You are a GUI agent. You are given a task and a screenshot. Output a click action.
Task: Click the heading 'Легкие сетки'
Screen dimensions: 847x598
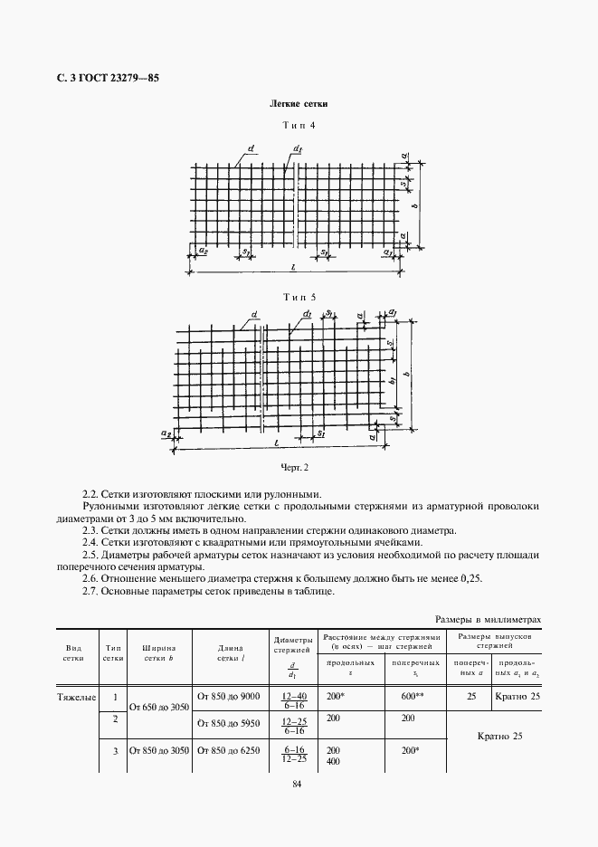(x=299, y=104)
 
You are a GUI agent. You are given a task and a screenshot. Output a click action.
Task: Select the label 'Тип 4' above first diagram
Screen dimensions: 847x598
(x=299, y=126)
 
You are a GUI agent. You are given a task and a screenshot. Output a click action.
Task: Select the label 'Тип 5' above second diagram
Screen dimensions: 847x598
(x=299, y=296)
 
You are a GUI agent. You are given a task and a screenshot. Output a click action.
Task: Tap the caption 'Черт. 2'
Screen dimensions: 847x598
(x=295, y=467)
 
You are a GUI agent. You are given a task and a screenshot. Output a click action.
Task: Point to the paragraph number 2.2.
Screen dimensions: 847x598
(x=90, y=494)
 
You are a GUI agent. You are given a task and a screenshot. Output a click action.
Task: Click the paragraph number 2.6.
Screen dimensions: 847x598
(x=90, y=577)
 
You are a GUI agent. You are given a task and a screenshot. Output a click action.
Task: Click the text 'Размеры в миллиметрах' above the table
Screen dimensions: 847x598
(x=488, y=620)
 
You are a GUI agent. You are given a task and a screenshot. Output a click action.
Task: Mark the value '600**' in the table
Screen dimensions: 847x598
(x=413, y=696)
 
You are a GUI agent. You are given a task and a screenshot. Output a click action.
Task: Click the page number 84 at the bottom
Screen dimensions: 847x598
(x=298, y=784)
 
